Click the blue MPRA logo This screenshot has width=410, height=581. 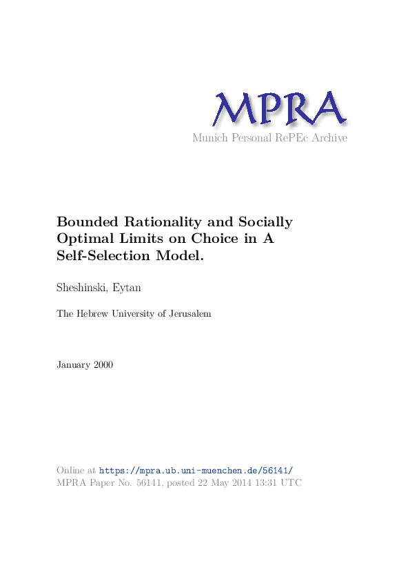[x=279, y=109]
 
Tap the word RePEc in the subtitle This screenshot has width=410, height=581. [x=289, y=138]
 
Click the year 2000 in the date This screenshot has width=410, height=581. [x=103, y=364]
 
